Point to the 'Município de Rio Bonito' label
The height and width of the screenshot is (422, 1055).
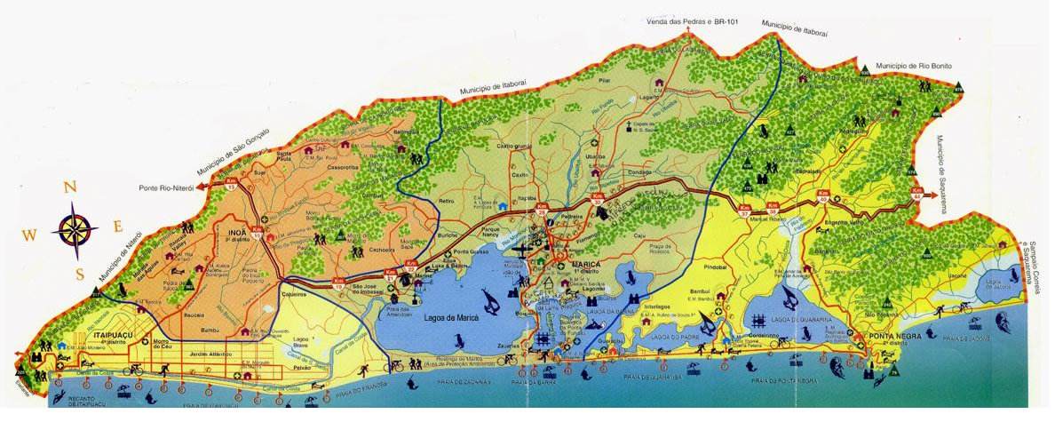[915, 66]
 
